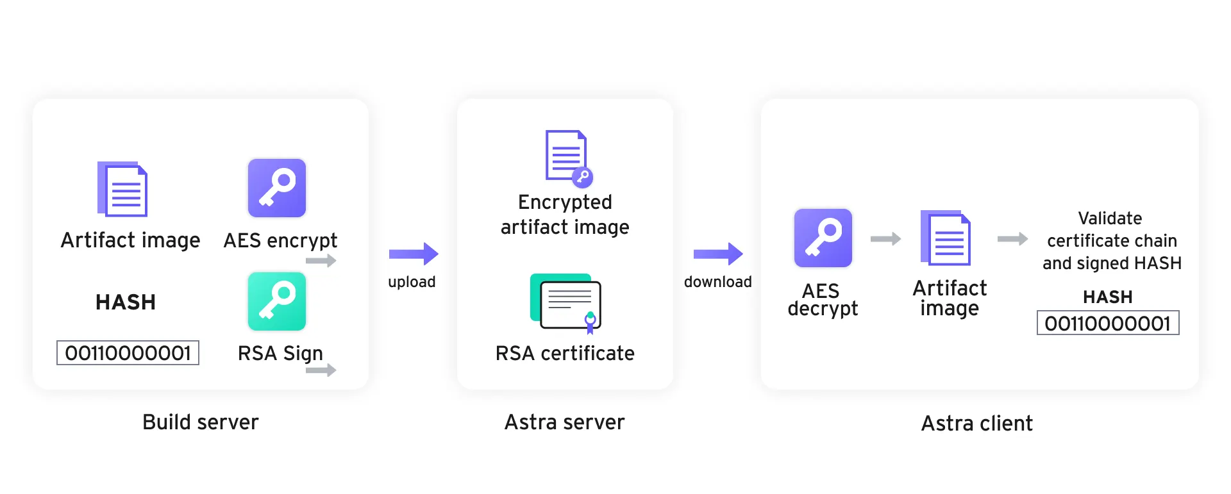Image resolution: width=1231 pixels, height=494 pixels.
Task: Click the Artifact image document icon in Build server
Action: pyautogui.click(x=122, y=189)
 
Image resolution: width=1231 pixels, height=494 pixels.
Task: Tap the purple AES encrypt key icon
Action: pyautogui.click(x=277, y=188)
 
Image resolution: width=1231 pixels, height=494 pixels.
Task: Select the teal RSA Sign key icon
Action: pyautogui.click(x=277, y=301)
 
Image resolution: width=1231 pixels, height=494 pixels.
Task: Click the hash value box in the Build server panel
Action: pyautogui.click(x=128, y=353)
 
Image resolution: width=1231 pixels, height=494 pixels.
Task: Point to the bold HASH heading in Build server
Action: pyautogui.click(x=126, y=302)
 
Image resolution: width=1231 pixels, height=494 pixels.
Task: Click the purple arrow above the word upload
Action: pyautogui.click(x=414, y=254)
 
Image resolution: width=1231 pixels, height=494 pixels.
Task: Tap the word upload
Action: pyautogui.click(x=412, y=282)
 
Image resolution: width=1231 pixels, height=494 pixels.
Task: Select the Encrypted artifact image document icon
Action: pyautogui.click(x=568, y=158)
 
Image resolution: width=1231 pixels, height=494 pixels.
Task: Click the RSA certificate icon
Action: pyautogui.click(x=565, y=303)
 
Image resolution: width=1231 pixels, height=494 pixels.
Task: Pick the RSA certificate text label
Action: pyautogui.click(x=565, y=353)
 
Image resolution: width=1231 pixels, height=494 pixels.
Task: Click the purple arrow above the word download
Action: pyautogui.click(x=718, y=254)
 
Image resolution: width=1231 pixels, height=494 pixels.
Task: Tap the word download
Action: pyautogui.click(x=717, y=282)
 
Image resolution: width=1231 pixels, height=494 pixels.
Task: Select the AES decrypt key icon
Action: pyautogui.click(x=823, y=238)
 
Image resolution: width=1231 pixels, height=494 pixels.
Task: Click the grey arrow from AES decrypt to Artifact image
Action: pyautogui.click(x=885, y=239)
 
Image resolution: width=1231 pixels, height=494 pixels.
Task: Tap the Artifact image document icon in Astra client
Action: pyautogui.click(x=946, y=238)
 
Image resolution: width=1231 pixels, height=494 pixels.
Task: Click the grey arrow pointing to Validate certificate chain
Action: pyautogui.click(x=1012, y=239)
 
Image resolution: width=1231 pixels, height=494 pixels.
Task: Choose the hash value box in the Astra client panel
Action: pyautogui.click(x=1107, y=324)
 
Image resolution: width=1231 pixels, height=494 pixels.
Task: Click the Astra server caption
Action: pyautogui.click(x=564, y=422)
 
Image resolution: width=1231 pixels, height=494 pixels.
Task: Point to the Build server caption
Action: pyautogui.click(x=200, y=422)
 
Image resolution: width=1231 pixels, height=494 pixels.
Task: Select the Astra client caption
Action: pyautogui.click(x=976, y=424)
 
